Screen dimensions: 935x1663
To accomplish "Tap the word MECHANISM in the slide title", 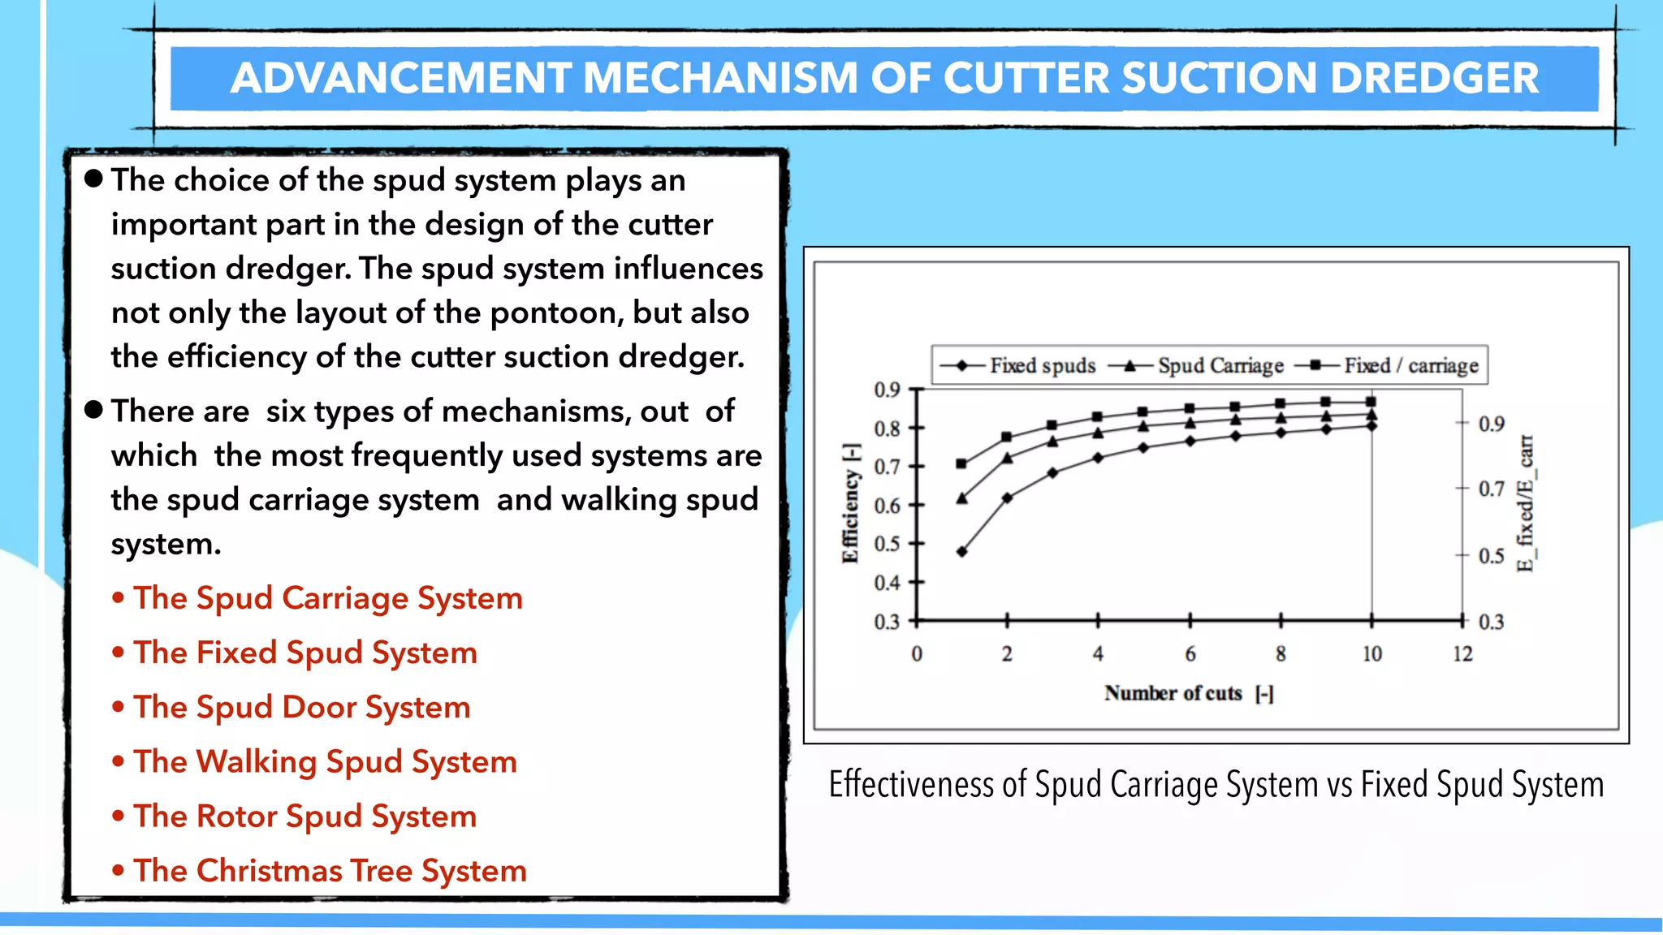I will (x=720, y=79).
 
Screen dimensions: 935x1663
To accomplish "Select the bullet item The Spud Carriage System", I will (x=327, y=598).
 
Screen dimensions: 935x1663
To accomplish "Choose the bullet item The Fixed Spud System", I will (x=305, y=653).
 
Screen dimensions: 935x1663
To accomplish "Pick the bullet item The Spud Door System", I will (x=301, y=707).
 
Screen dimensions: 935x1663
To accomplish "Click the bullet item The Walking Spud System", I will (x=325, y=761).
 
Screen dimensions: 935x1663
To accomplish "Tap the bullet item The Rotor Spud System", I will (x=305, y=816).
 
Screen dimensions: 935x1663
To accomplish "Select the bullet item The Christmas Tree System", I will (x=330, y=871).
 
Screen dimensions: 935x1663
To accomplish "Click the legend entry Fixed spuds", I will (x=1042, y=366).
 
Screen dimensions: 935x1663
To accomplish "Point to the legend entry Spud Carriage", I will (x=1220, y=366).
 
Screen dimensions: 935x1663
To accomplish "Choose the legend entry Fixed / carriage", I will (x=1410, y=366).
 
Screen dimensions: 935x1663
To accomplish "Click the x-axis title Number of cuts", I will (x=1173, y=693).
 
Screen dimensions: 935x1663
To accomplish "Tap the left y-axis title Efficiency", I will (x=850, y=503).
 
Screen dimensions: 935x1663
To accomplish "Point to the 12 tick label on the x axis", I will (x=1462, y=654).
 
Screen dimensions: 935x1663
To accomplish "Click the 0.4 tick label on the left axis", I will (x=887, y=583).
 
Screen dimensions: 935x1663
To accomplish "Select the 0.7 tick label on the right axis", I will (x=1491, y=489).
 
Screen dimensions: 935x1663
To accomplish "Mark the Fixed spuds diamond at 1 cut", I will (x=962, y=552).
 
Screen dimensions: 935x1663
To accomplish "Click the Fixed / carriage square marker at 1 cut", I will (x=962, y=464).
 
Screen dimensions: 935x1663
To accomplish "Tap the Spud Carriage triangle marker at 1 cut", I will (x=962, y=498).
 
